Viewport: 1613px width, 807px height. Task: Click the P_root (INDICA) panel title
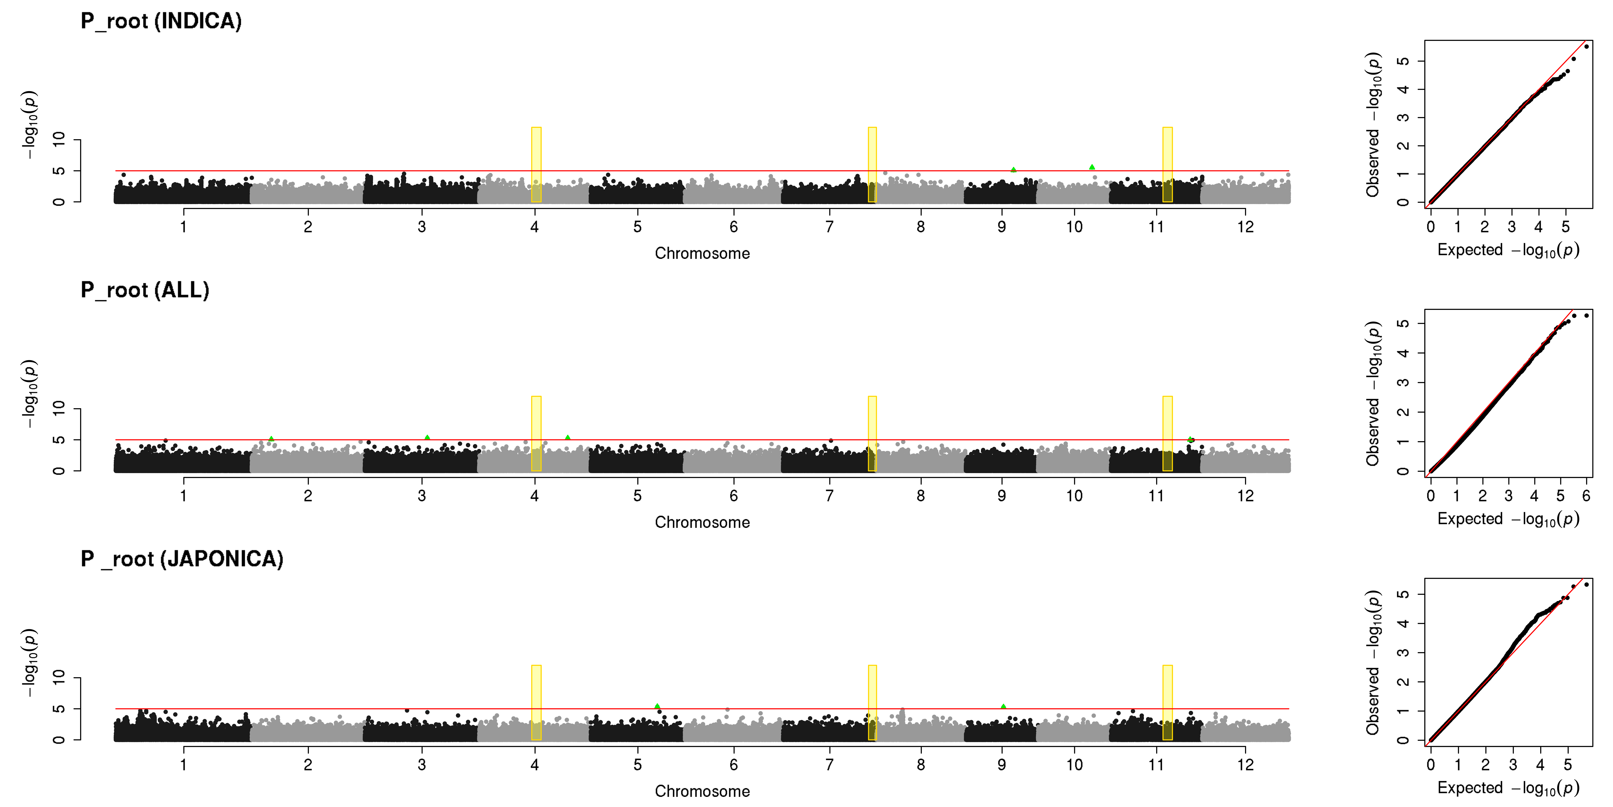point(161,21)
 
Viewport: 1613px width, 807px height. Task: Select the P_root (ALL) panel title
point(145,290)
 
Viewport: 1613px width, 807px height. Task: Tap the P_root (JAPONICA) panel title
point(182,559)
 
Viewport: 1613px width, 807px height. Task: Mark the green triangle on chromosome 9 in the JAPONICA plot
point(1003,707)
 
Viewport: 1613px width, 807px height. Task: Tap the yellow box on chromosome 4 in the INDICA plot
point(536,165)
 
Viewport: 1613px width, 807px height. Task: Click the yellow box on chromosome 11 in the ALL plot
point(1167,434)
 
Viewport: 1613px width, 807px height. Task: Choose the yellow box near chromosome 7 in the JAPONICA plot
point(872,702)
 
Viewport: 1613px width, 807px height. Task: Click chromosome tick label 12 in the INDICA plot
point(1245,227)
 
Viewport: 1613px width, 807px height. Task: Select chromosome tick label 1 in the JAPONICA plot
point(183,764)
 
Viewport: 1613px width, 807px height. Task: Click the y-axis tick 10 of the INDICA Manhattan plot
point(59,139)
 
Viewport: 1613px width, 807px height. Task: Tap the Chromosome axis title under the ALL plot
point(702,523)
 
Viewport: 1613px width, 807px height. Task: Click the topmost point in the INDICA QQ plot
point(1586,46)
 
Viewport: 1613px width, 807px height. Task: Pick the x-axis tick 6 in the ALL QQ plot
point(1586,496)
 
